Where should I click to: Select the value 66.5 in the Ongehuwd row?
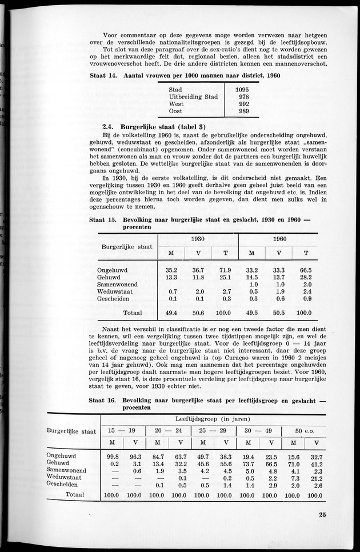(x=307, y=270)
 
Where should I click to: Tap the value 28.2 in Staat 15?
(x=307, y=277)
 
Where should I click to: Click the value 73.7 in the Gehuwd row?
(x=248, y=464)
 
